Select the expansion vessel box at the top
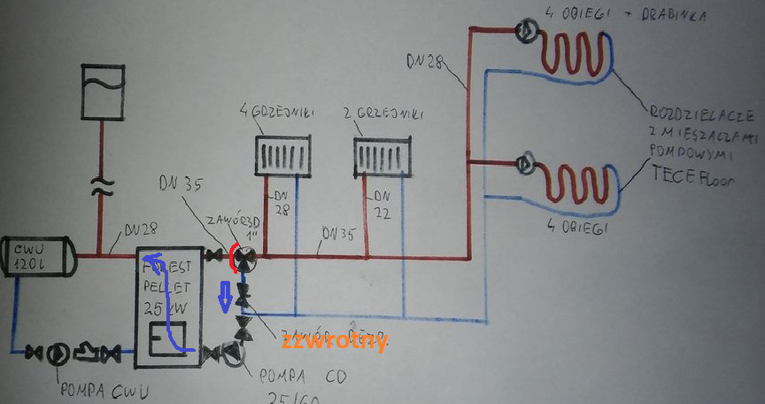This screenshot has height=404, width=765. coord(102,90)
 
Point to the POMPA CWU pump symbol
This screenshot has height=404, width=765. coord(57,353)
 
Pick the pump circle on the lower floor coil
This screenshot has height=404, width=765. coord(526,163)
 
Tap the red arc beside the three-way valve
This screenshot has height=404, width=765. coord(233,258)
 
